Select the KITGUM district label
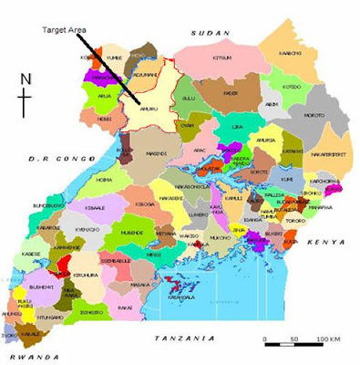pos(221,57)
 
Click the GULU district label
pos(189,96)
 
